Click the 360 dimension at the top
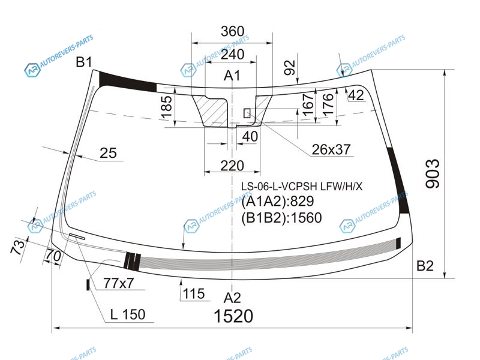point(233,31)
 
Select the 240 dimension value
point(233,55)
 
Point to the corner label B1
point(84,62)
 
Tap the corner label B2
point(425,266)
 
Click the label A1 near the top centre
point(232,76)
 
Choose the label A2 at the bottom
point(232,298)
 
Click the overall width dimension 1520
point(233,316)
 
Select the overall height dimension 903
point(433,173)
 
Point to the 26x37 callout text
point(331,149)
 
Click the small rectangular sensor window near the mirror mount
point(247,113)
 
